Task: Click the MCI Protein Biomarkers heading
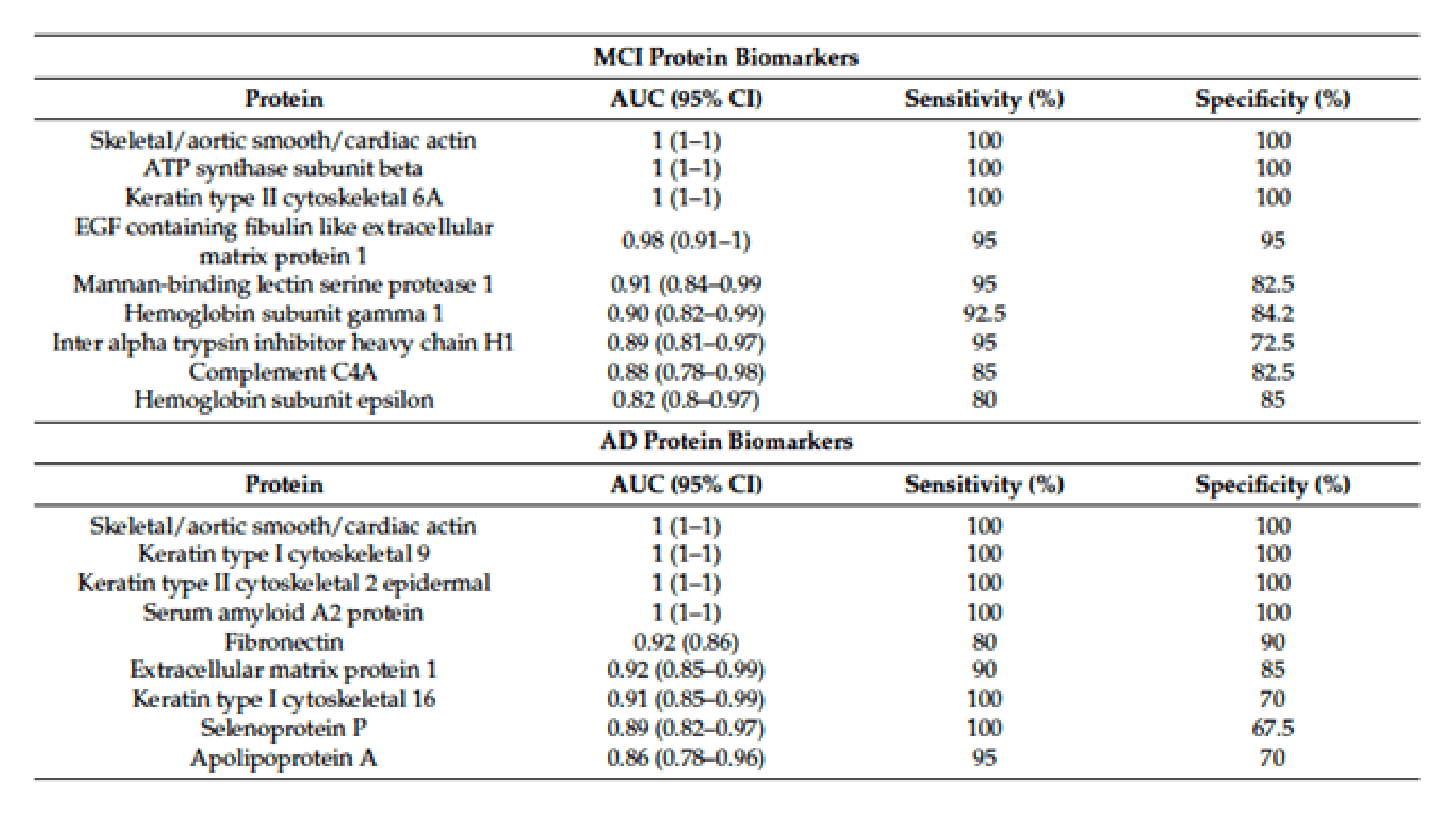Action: pos(726,57)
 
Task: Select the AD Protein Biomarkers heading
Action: pos(726,441)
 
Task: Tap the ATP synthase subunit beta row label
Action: pos(283,169)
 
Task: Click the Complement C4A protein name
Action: pos(283,372)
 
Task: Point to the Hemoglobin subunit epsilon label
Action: pos(283,400)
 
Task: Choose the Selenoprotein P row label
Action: pos(283,728)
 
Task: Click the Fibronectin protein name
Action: pos(283,641)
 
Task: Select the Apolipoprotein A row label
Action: pos(283,757)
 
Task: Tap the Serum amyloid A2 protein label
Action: pos(283,612)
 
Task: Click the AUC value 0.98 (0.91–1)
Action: pos(686,241)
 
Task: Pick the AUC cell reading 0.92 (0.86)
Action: pos(686,641)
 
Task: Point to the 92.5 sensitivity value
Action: pos(984,313)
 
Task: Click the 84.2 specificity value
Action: pos(1273,313)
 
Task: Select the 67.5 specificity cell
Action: pos(1273,728)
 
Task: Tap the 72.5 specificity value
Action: pos(1273,342)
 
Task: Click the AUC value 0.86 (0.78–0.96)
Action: pos(686,757)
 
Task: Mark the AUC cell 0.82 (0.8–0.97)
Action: pos(686,400)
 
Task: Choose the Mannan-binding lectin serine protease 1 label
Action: pos(283,284)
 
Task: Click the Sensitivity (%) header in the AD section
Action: pos(984,484)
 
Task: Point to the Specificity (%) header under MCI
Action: pos(1273,99)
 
